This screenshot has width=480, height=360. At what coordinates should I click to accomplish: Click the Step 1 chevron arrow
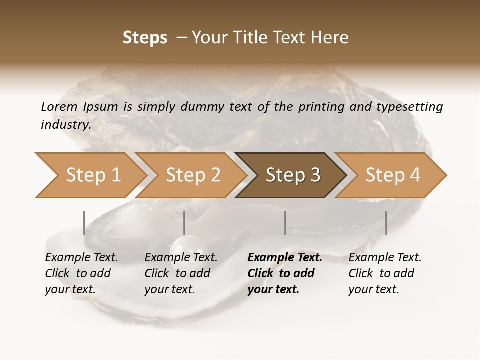pyautogui.click(x=90, y=175)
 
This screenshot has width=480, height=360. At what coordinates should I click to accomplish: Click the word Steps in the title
pyautogui.click(x=145, y=38)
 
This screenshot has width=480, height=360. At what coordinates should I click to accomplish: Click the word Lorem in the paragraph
pyautogui.click(x=59, y=106)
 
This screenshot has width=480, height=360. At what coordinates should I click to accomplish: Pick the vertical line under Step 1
pyautogui.click(x=84, y=223)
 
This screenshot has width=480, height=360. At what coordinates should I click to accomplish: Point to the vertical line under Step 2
pyautogui.click(x=184, y=223)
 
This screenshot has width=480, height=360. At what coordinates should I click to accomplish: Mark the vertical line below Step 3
pyautogui.click(x=285, y=223)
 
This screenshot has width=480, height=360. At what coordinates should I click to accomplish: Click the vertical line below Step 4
pyautogui.click(x=386, y=223)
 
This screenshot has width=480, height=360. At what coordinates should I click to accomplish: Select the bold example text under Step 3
pyautogui.click(x=284, y=273)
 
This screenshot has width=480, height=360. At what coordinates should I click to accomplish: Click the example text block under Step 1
pyautogui.click(x=81, y=273)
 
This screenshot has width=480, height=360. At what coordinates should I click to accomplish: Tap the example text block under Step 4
pyautogui.click(x=384, y=273)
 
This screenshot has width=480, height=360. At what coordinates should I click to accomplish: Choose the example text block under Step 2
pyautogui.click(x=180, y=273)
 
